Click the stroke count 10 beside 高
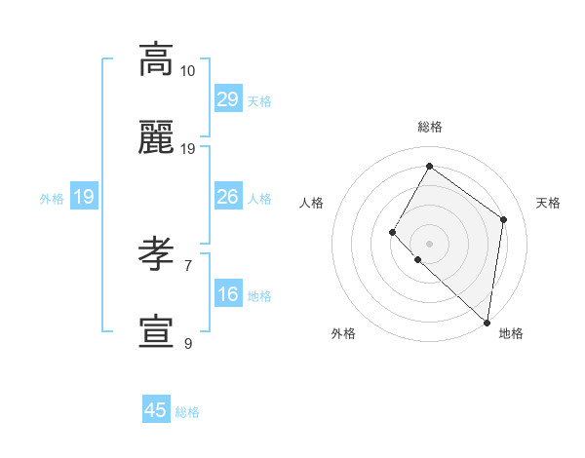pyautogui.click(x=187, y=70)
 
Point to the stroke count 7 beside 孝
pyautogui.click(x=187, y=264)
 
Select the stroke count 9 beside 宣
pyautogui.click(x=187, y=343)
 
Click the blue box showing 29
pyautogui.click(x=227, y=99)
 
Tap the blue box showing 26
pyautogui.click(x=227, y=197)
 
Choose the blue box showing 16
pyautogui.click(x=227, y=294)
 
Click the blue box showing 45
pyautogui.click(x=156, y=410)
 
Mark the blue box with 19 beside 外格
pyautogui.click(x=84, y=197)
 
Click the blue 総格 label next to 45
pyautogui.click(x=187, y=412)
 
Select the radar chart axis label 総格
pyautogui.click(x=429, y=127)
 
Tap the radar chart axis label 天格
pyautogui.click(x=548, y=203)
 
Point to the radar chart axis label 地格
pyautogui.click(x=511, y=333)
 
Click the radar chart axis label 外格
pyautogui.click(x=343, y=333)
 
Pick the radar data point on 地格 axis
pyautogui.click(x=487, y=323)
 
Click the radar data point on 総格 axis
pyautogui.click(x=429, y=166)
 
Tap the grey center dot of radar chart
pyautogui.click(x=429, y=243)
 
